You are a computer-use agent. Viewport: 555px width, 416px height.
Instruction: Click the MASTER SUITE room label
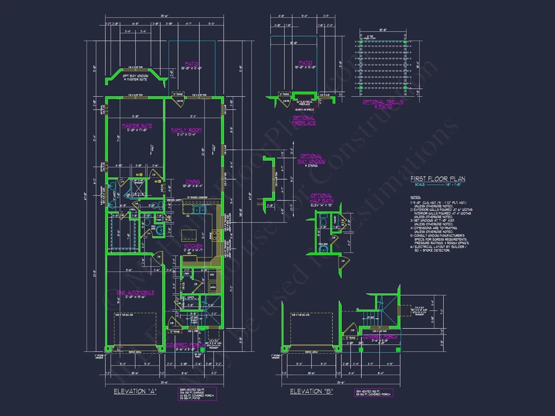pos(137,126)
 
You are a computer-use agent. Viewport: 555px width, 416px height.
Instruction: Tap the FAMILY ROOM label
pos(186,130)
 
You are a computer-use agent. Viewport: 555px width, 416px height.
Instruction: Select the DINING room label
pos(192,182)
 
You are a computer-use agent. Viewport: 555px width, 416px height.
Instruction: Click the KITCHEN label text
pos(193,246)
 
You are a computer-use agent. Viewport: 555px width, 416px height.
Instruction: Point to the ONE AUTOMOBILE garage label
pos(135,292)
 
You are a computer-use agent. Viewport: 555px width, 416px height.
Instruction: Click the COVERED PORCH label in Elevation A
pos(185,345)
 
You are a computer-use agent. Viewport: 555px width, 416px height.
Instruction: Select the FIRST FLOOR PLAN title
pos(438,179)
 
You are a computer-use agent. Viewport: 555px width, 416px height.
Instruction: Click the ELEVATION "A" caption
pos(135,391)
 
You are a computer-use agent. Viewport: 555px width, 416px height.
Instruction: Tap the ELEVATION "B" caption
pos(311,391)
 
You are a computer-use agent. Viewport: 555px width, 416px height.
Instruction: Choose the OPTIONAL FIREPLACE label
pos(304,121)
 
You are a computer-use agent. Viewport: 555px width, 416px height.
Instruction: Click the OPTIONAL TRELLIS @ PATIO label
pos(383,104)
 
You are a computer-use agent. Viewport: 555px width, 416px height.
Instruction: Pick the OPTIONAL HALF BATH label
pos(322,198)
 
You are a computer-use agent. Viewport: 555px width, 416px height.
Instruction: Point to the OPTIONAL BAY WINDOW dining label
pos(312,159)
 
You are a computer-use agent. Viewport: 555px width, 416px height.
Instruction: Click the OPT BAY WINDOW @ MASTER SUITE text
pos(135,78)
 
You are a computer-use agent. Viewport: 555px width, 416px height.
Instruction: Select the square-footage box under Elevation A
pos(197,394)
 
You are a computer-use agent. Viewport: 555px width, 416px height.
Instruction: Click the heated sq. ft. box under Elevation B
pos(373,393)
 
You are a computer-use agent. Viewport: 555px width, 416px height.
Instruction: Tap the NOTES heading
pos(415,197)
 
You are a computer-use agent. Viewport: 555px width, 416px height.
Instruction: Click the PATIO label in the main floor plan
pos(191,64)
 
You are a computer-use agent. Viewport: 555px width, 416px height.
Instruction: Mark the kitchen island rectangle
pos(189,235)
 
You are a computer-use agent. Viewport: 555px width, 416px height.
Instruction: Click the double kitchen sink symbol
pos(199,210)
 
